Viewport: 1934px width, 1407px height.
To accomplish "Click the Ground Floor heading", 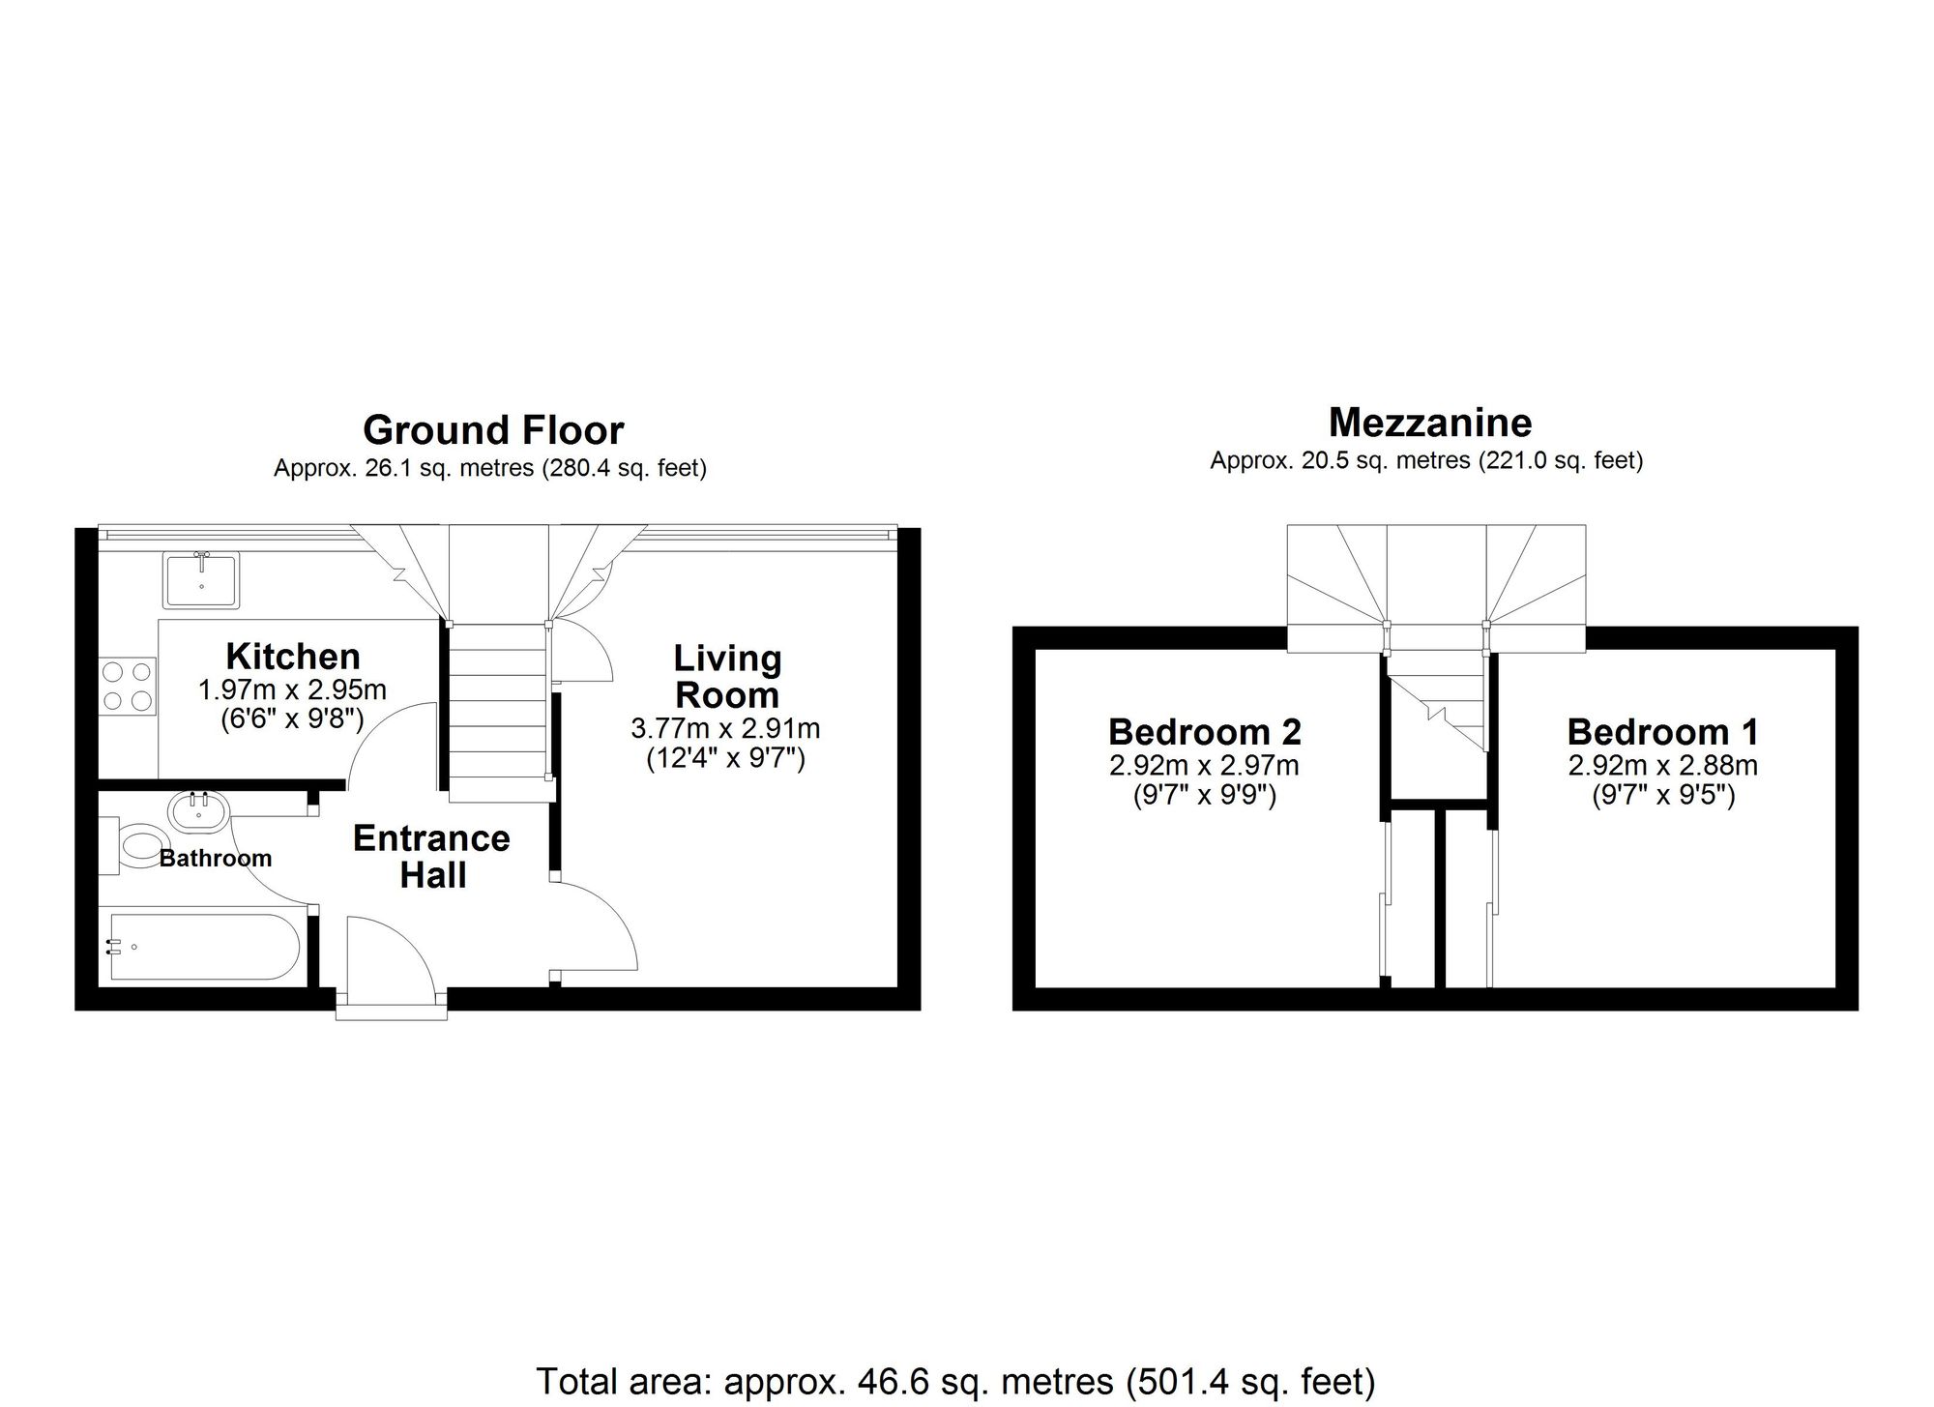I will (493, 430).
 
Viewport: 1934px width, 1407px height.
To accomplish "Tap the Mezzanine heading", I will (1430, 423).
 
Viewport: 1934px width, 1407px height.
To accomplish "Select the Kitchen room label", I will (293, 657).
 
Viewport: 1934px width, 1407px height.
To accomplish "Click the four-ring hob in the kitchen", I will (128, 686).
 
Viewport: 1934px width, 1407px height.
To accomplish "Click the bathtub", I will (203, 947).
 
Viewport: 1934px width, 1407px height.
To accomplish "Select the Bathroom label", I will (216, 859).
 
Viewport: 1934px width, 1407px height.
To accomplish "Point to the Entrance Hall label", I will (432, 857).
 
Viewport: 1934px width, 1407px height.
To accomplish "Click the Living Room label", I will (727, 677).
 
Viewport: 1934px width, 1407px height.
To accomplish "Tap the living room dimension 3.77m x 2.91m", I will (725, 727).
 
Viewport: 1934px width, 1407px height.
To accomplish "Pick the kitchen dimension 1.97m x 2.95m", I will (292, 690).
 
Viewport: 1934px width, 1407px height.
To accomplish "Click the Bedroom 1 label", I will (1662, 732).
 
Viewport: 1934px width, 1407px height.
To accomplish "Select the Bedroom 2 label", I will (1205, 732).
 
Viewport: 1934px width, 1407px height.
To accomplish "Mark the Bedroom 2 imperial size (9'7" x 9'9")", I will (1205, 796).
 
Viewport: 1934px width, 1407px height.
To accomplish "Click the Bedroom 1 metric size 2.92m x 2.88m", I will (1662, 766).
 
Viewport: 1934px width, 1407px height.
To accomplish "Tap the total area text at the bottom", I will (955, 1381).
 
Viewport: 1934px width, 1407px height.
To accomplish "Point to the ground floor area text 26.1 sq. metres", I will (490, 469).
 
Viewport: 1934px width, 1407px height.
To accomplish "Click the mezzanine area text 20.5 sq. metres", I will (1426, 461).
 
